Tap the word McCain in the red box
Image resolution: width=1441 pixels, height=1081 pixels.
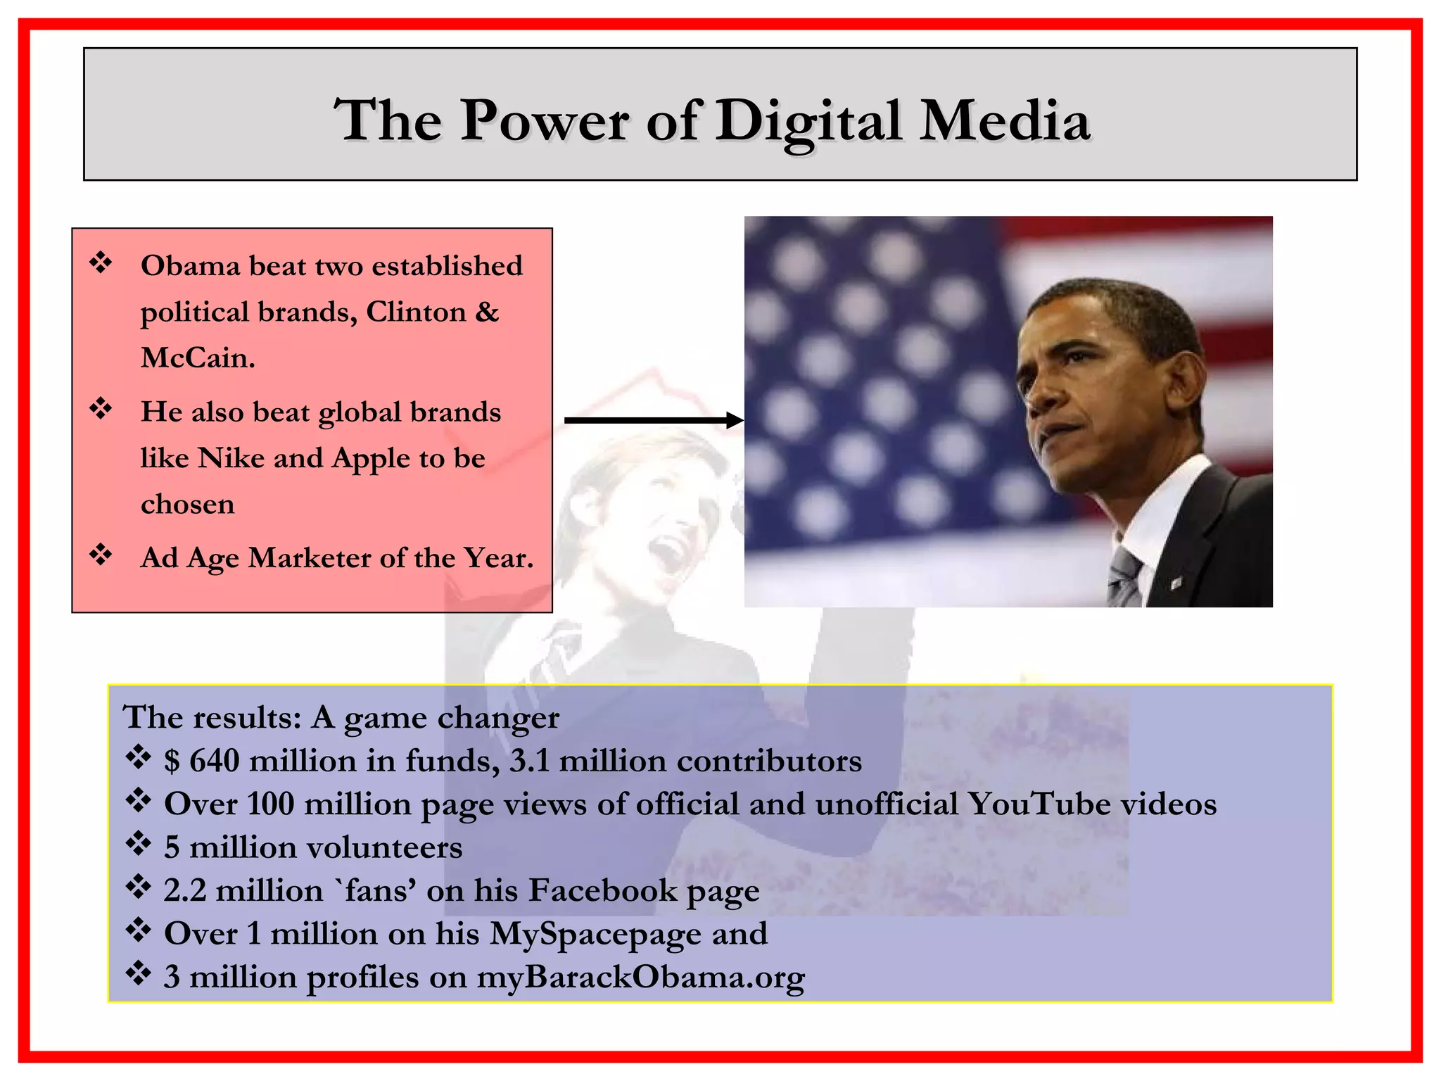click(x=197, y=358)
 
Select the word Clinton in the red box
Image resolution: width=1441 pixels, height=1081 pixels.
click(x=416, y=312)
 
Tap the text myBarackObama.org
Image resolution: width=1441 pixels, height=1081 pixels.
click(x=640, y=978)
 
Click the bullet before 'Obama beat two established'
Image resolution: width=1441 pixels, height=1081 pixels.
click(x=101, y=263)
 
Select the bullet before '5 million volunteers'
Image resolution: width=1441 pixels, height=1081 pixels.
click(x=139, y=845)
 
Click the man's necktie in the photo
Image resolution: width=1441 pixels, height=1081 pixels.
click(x=1125, y=577)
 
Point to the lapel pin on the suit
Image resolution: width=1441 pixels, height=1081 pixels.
click(x=1175, y=583)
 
